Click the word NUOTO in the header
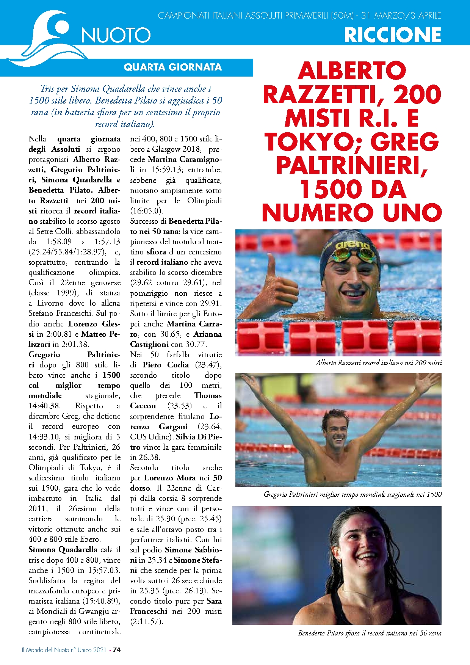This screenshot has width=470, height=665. tap(116, 35)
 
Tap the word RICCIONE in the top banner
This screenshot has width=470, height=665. tap(392, 35)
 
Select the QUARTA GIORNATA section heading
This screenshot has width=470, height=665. tap(172, 67)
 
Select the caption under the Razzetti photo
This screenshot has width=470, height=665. tap(379, 363)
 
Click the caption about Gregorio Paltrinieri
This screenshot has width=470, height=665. tap(352, 494)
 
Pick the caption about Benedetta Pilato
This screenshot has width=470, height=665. tap(370, 633)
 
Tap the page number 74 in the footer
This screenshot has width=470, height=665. tap(117, 649)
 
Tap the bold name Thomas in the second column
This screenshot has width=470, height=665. tap(208, 395)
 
